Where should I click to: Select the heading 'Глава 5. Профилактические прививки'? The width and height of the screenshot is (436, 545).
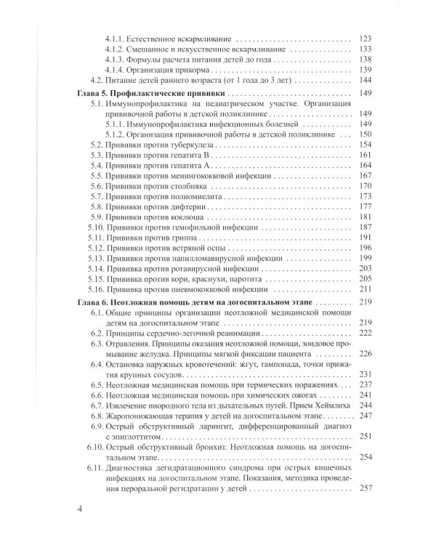coord(150,94)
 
